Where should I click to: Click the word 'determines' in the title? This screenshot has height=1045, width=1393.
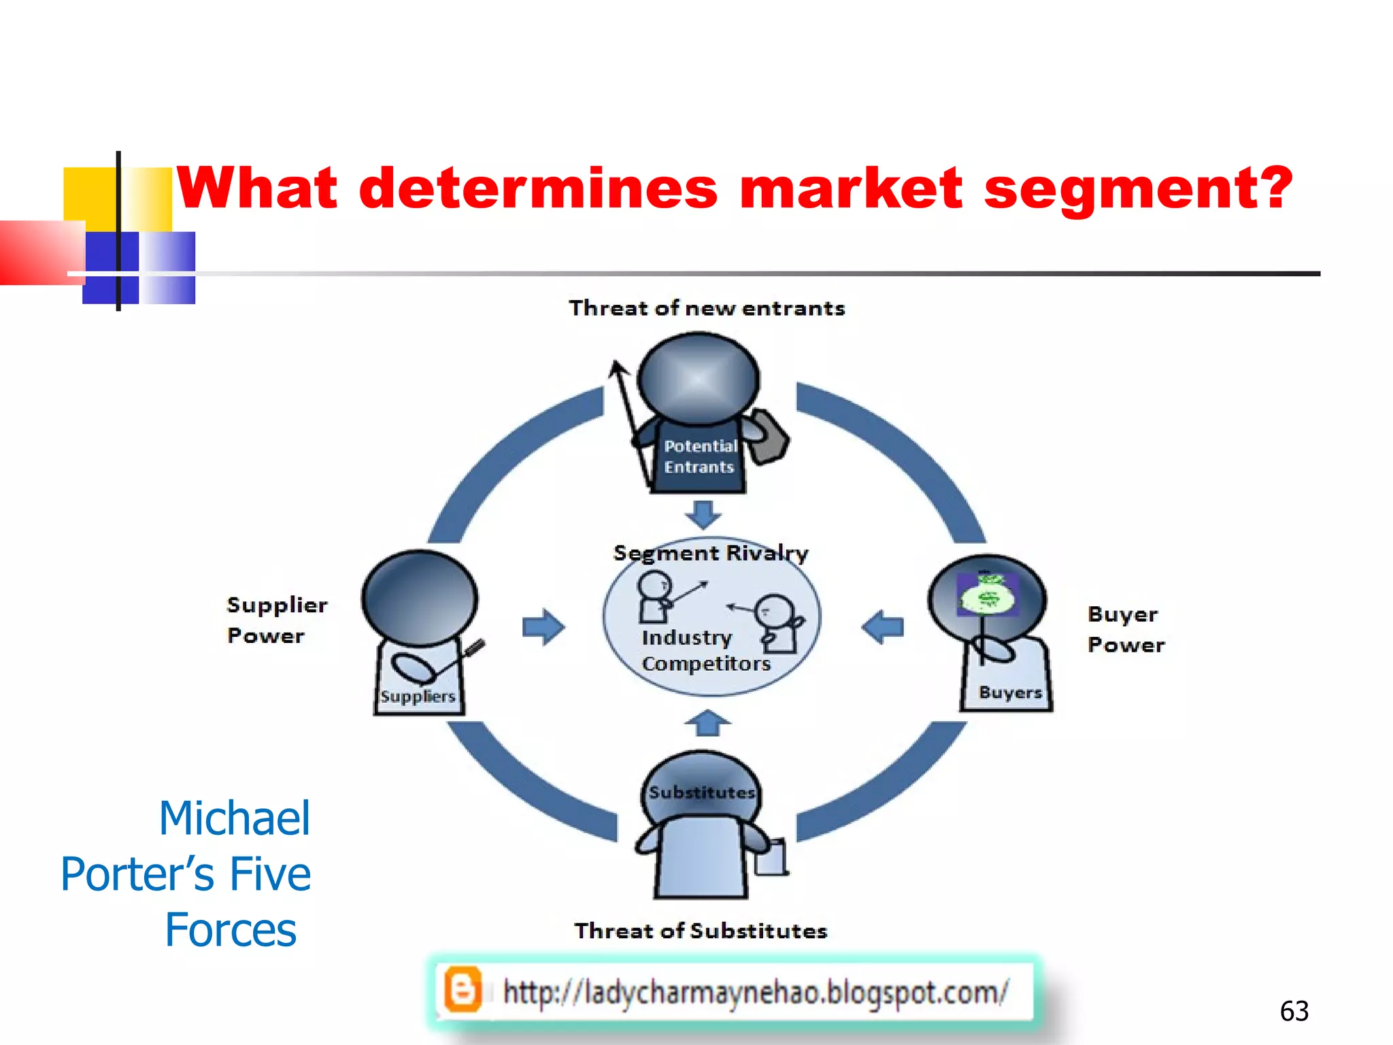click(537, 188)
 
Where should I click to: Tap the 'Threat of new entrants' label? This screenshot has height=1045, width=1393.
click(707, 308)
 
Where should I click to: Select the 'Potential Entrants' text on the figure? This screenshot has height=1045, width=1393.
click(700, 457)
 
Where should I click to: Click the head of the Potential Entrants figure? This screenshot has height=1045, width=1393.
click(698, 378)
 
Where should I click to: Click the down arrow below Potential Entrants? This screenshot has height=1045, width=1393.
click(703, 514)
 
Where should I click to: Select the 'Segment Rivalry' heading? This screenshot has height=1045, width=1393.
click(711, 552)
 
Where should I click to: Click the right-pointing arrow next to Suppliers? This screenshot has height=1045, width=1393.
click(543, 627)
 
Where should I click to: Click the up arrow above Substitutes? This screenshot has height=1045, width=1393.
click(707, 723)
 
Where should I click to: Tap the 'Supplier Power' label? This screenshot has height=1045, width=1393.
click(276, 620)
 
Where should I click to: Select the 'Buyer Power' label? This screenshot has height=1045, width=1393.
click(1125, 629)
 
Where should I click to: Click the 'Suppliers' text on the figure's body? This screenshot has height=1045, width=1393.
click(418, 697)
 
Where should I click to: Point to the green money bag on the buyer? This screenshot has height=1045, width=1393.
click(987, 595)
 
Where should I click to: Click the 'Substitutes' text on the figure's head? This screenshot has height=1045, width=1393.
click(701, 793)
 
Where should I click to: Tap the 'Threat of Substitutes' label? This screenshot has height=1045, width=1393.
click(701, 931)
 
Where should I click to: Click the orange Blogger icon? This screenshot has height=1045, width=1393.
click(463, 990)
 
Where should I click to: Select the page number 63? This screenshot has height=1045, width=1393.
click(1294, 1012)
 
